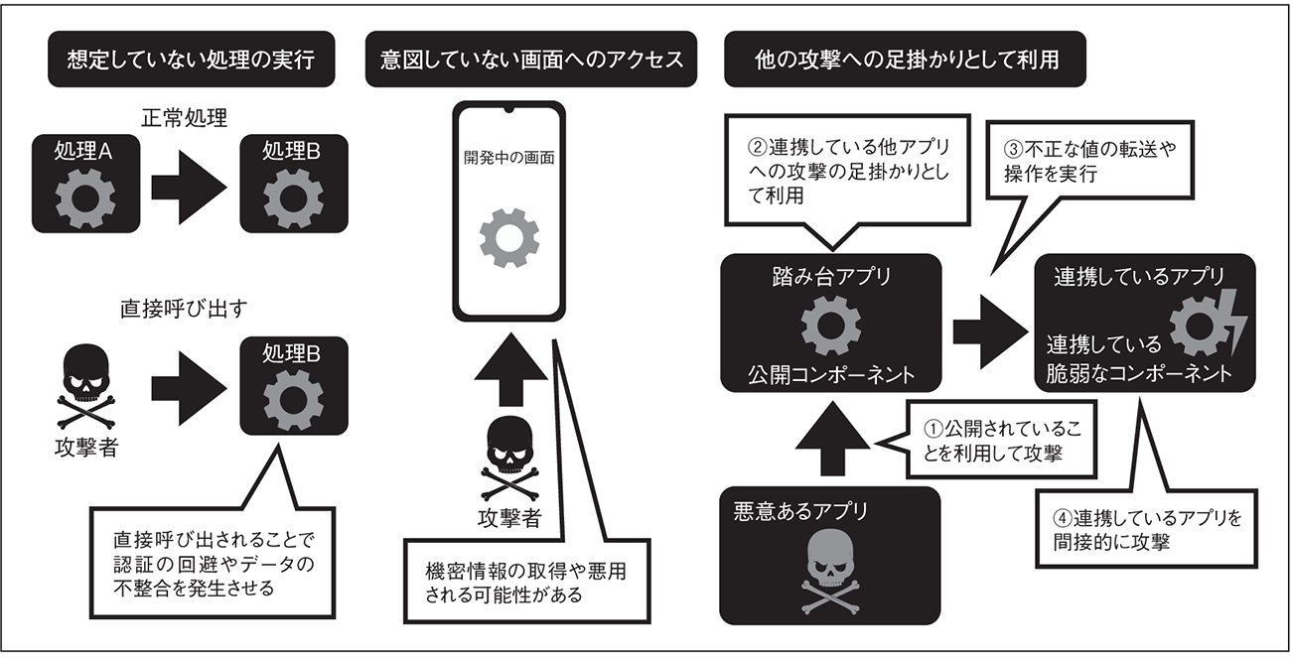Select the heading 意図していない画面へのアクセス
coord(531,61)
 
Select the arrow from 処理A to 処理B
coord(188,186)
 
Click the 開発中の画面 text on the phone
coord(508,158)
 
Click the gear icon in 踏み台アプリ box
coord(830,329)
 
